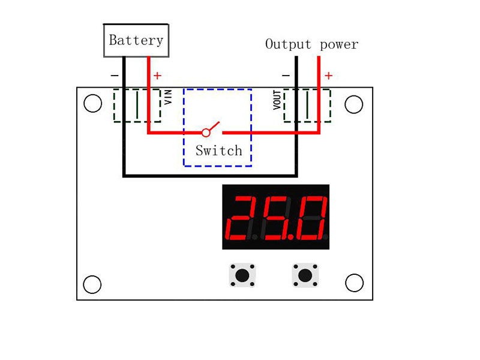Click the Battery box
(136, 41)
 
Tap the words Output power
(311, 44)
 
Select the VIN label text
(168, 97)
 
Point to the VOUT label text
(277, 100)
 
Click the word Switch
(218, 151)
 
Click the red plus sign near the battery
(157, 76)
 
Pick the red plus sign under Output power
(328, 76)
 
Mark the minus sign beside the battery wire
(115, 76)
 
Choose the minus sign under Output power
(286, 76)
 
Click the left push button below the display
(242, 275)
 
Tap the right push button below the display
(305, 275)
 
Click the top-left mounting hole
(92, 103)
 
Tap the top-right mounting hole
(354, 104)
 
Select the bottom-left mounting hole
(92, 284)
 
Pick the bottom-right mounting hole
(354, 283)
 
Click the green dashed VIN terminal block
(137, 106)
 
